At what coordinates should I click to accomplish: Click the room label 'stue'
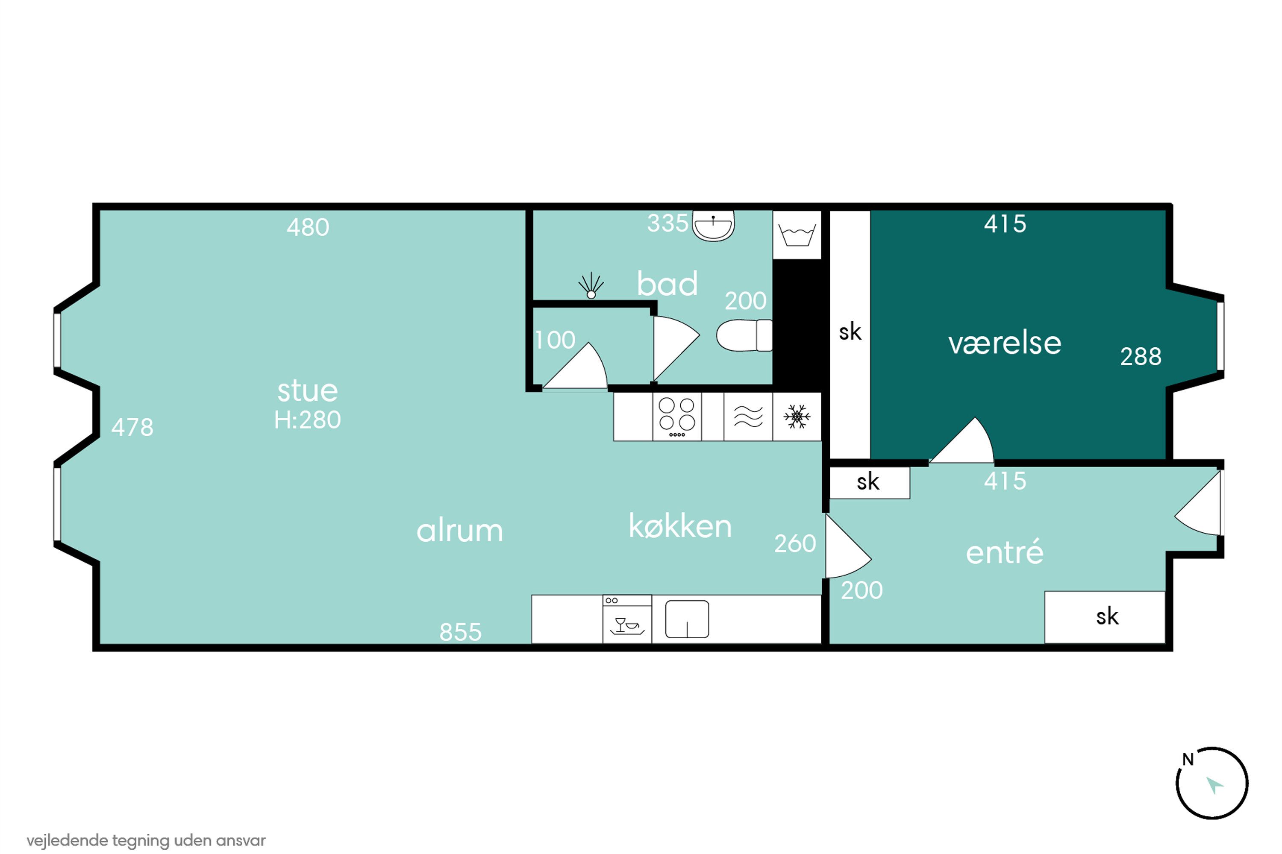pyautogui.click(x=307, y=391)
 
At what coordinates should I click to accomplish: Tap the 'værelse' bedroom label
pyautogui.click(x=1005, y=343)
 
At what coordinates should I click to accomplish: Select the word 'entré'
pyautogui.click(x=1005, y=552)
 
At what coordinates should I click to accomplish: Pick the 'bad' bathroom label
pyautogui.click(x=667, y=283)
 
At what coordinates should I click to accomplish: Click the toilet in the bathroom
pyautogui.click(x=744, y=335)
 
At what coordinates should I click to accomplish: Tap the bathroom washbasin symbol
pyautogui.click(x=713, y=226)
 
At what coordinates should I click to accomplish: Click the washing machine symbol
pyautogui.click(x=797, y=235)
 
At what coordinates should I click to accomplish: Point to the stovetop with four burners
pyautogui.click(x=677, y=417)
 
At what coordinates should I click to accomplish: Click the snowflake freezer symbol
pyautogui.click(x=797, y=417)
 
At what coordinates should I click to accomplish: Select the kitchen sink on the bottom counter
pyautogui.click(x=687, y=619)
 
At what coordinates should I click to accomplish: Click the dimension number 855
pyautogui.click(x=460, y=632)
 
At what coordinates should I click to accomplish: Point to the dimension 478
pyautogui.click(x=132, y=428)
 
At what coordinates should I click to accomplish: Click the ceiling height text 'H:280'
pyautogui.click(x=307, y=420)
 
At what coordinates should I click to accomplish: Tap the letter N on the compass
pyautogui.click(x=1188, y=759)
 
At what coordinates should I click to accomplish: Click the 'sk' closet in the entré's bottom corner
pyautogui.click(x=1105, y=617)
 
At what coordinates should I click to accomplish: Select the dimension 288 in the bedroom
pyautogui.click(x=1141, y=357)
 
